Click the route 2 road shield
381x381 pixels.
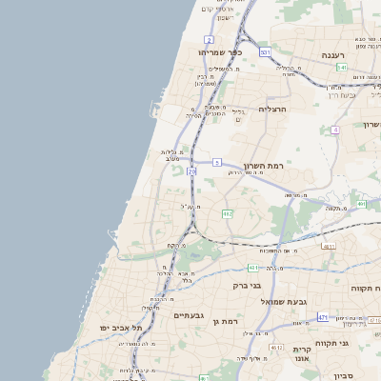tap(208, 39)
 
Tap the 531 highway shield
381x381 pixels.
tap(265, 52)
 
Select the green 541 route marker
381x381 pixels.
tap(341, 68)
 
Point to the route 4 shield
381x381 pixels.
tap(335, 130)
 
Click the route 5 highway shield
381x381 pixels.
tap(217, 163)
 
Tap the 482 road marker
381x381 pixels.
tap(227, 214)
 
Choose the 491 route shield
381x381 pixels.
tap(361, 204)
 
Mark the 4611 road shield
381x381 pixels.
tap(329, 246)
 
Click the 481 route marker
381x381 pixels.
tap(252, 267)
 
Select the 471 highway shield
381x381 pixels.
tap(323, 316)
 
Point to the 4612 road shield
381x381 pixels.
tap(276, 348)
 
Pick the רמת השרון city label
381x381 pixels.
tap(264, 166)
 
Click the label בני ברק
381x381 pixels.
tap(248, 285)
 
